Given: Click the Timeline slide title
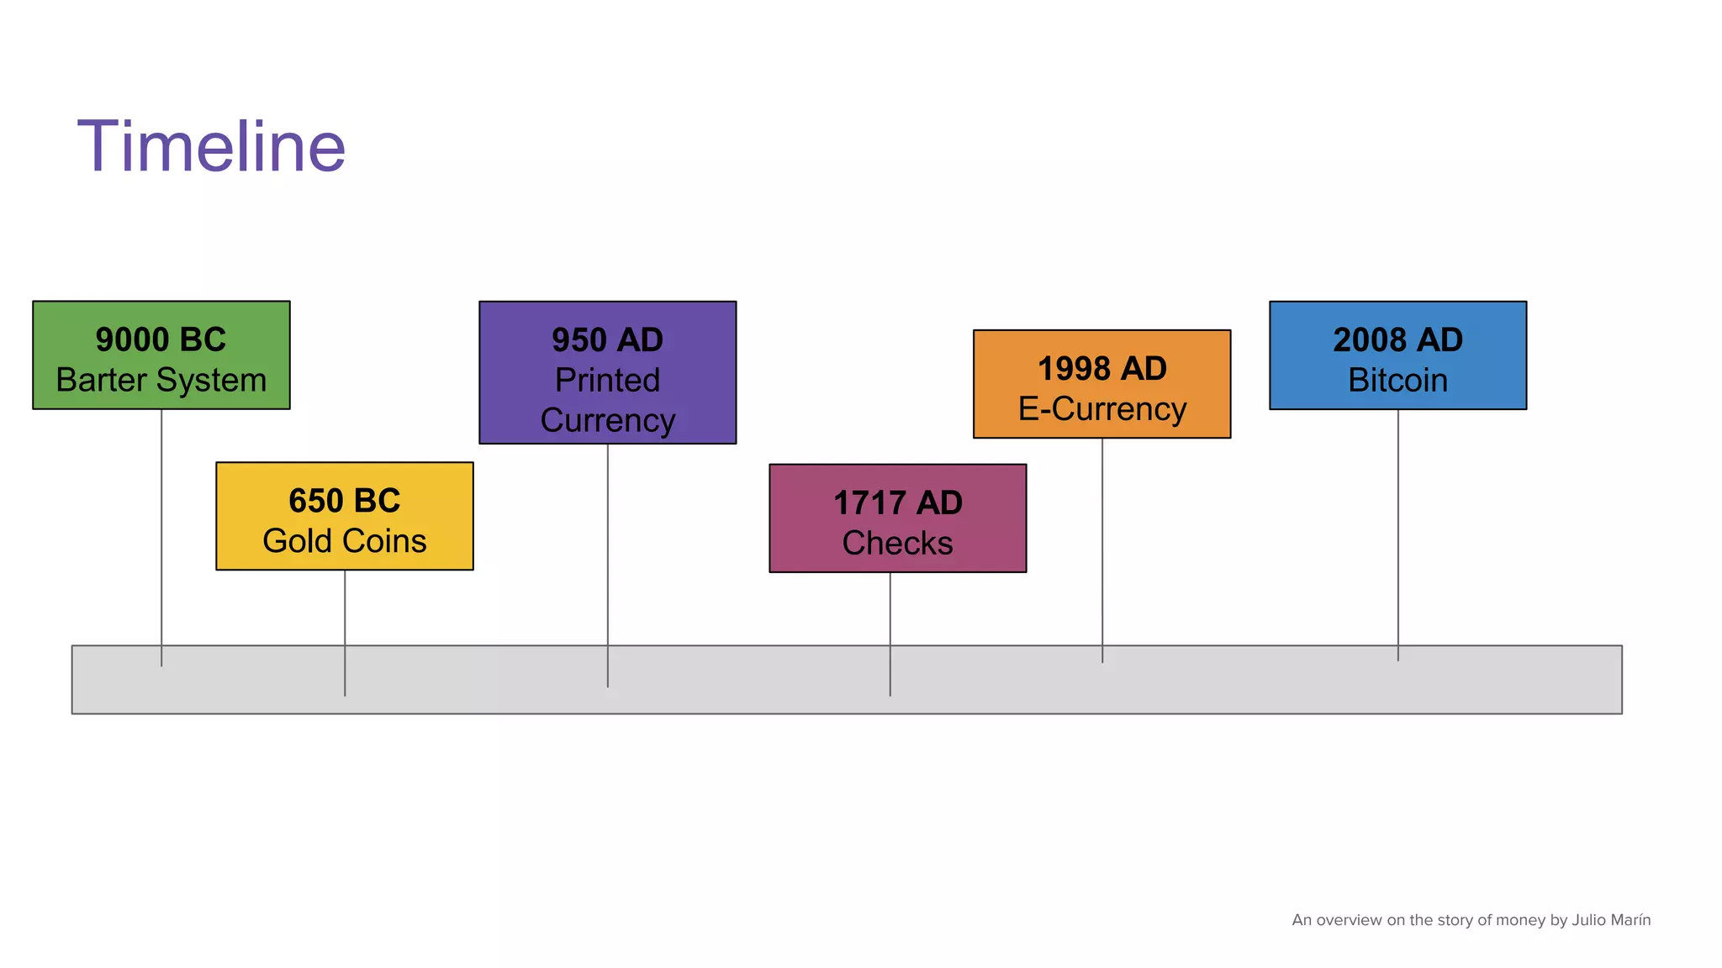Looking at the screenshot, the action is tap(211, 147).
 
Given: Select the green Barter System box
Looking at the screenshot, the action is tap(161, 355).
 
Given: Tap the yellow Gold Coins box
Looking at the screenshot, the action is tap(345, 516).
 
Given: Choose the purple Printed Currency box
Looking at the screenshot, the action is tap(608, 372).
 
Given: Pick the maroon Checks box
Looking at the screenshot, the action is tap(898, 518).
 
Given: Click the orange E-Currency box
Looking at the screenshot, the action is tap(1102, 384).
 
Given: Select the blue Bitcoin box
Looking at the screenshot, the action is tap(1398, 355).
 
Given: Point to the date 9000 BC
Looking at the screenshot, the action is tap(161, 339).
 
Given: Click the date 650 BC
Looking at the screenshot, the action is tap(345, 501).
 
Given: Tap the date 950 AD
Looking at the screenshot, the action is tap(608, 340).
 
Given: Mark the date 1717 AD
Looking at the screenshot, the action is tap(898, 503).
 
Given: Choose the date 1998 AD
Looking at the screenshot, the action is tap(1102, 368).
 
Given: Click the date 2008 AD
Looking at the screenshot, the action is tap(1398, 339).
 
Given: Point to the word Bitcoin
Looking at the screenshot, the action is tap(1398, 380).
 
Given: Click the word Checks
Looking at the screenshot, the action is tap(898, 543).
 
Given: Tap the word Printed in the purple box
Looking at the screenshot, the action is tap(608, 380).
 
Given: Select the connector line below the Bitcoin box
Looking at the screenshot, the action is tap(1398, 535).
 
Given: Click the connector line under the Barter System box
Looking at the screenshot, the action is tap(161, 539).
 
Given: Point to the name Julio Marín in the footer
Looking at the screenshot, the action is tap(1611, 919).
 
